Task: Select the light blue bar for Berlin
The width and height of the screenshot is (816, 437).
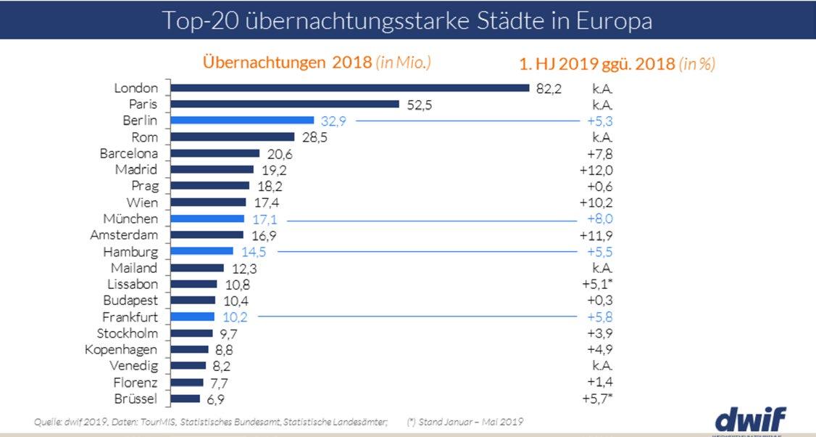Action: (x=241, y=121)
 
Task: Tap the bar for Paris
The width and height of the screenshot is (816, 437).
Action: (x=284, y=104)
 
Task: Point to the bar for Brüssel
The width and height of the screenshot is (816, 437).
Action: (x=185, y=399)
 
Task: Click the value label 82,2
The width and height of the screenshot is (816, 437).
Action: (x=549, y=89)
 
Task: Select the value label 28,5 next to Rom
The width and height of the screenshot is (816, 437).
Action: (x=314, y=137)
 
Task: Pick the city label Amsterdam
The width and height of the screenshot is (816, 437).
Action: (x=124, y=235)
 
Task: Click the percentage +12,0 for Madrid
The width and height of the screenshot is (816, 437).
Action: (x=596, y=170)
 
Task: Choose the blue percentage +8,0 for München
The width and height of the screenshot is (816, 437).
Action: (x=599, y=218)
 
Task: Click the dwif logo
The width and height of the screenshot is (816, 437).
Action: (x=750, y=420)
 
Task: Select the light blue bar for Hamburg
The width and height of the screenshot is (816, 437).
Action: (x=201, y=251)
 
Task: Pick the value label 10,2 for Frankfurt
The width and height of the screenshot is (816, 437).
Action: (x=236, y=317)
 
